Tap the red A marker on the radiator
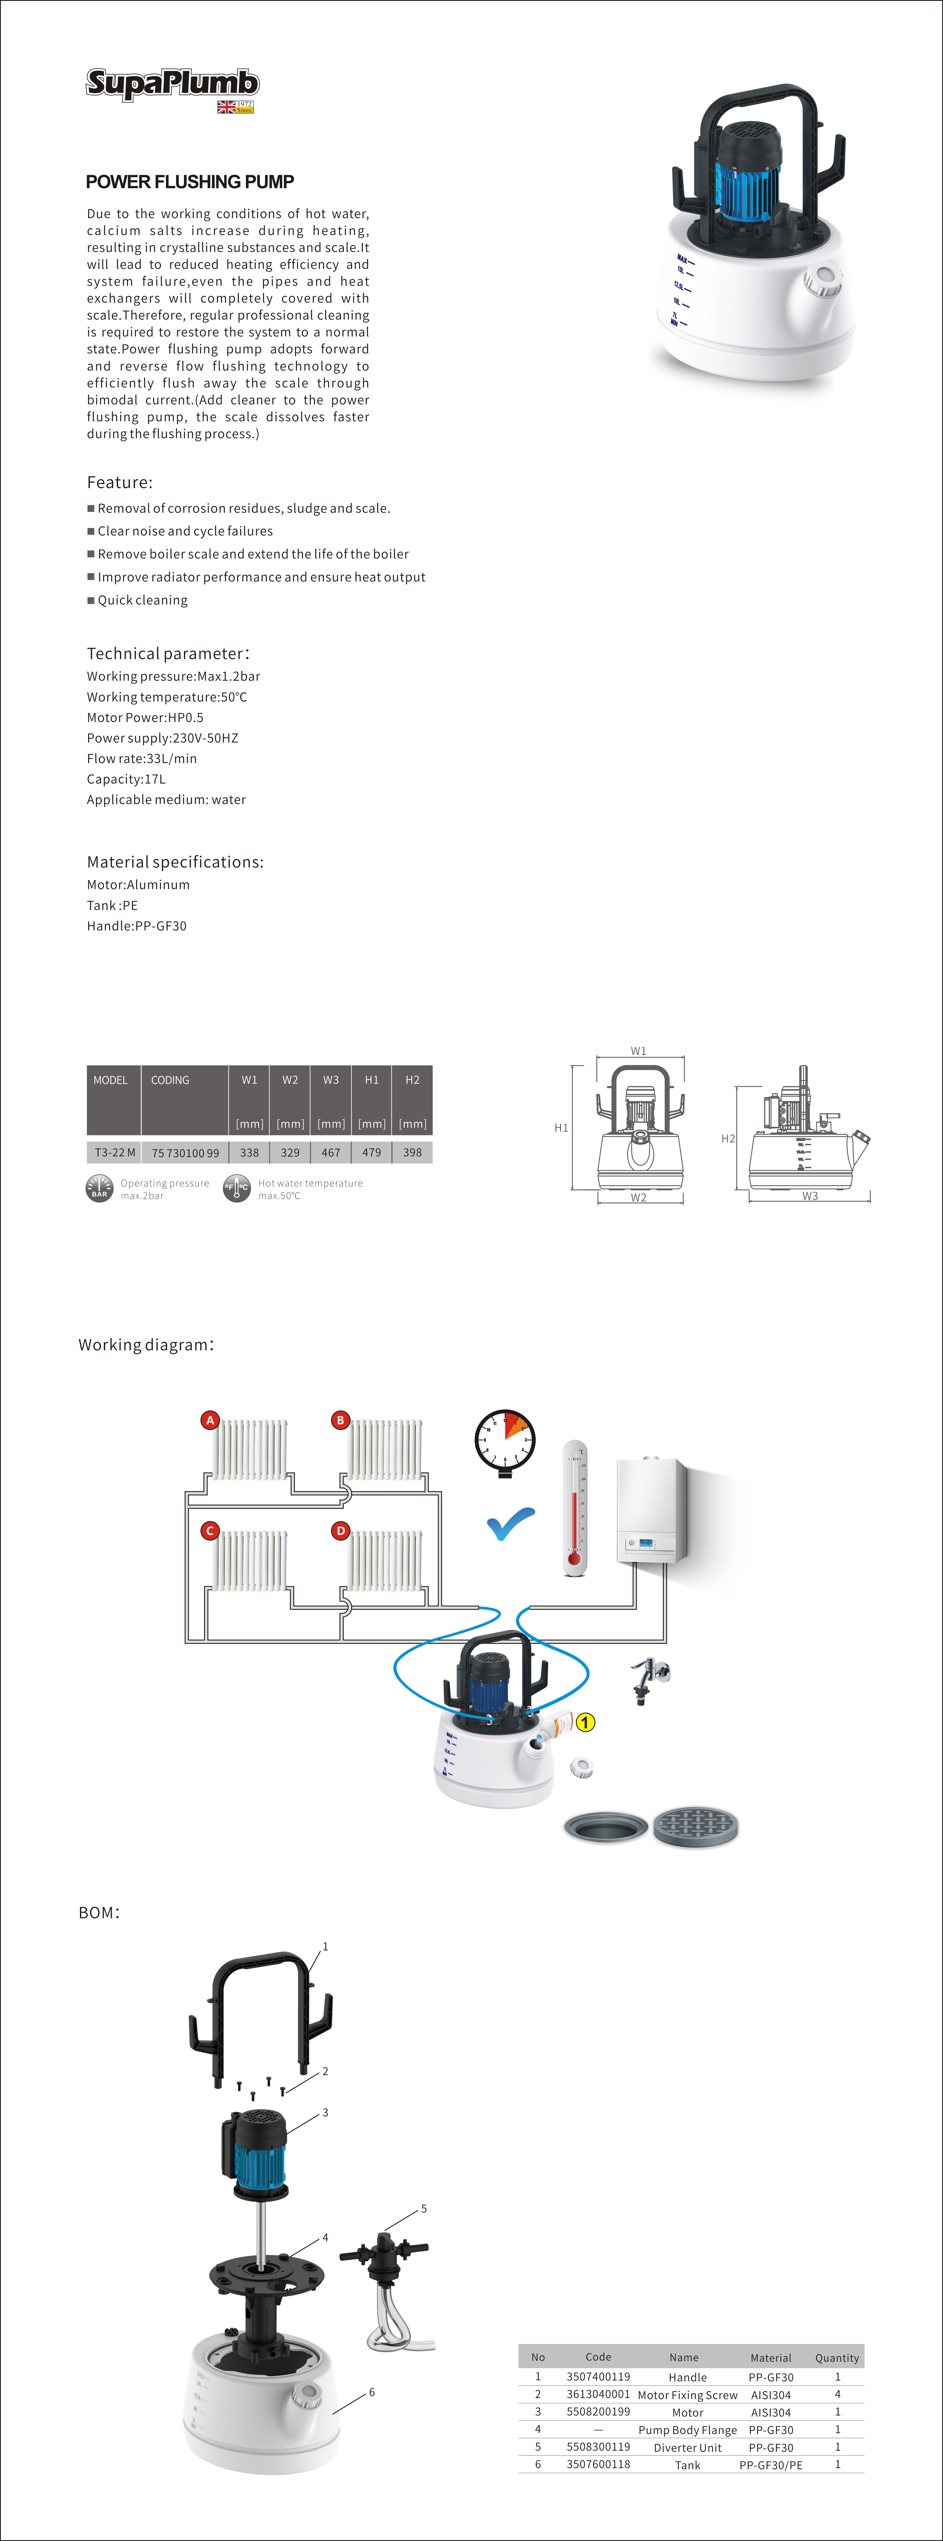(x=210, y=1420)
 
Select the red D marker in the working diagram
(x=340, y=1531)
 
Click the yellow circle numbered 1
(x=585, y=1722)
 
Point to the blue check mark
(x=511, y=1524)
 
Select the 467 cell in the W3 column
(x=330, y=1152)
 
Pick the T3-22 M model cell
(x=114, y=1152)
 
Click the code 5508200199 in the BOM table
(x=598, y=2412)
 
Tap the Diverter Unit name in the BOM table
(x=688, y=2447)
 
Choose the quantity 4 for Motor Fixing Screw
(x=837, y=2394)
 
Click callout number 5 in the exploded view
(x=424, y=2209)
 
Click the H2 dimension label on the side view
(x=728, y=1138)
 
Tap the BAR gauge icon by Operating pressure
(x=100, y=1189)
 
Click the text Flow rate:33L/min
(x=142, y=759)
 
